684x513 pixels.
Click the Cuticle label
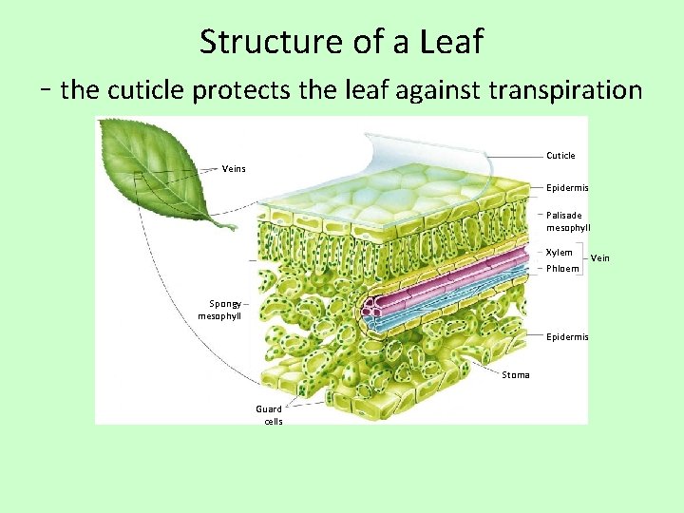point(560,155)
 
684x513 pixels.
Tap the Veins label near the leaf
point(234,169)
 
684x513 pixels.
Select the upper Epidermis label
point(567,188)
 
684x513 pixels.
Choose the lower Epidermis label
point(567,337)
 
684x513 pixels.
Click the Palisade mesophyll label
point(568,221)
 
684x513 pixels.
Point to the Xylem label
point(560,253)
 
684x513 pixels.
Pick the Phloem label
point(562,269)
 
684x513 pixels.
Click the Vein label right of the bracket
point(600,258)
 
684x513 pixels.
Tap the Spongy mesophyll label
point(219,309)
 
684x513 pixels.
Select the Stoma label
point(516,375)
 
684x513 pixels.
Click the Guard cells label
point(269,415)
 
